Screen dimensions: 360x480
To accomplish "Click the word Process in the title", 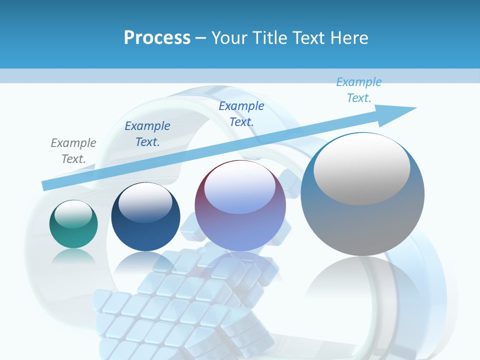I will click(157, 38).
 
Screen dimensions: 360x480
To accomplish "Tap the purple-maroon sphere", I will click(240, 225).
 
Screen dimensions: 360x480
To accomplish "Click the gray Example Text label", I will click(73, 151).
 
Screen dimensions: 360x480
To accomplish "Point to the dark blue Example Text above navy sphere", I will click(147, 134).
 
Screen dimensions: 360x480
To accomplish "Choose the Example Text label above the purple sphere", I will click(241, 113).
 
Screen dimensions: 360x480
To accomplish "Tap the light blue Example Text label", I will click(359, 90).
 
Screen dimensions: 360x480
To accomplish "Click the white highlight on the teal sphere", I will click(73, 214).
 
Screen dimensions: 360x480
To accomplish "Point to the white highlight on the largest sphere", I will click(361, 169).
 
